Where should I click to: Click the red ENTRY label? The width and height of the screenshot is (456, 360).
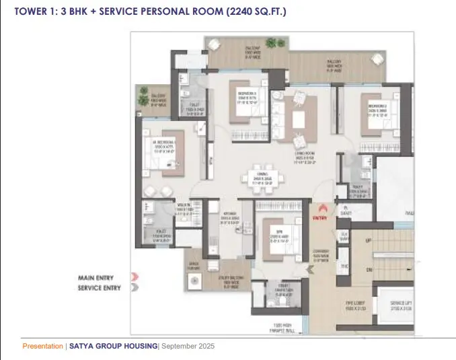pyautogui.click(x=320, y=218)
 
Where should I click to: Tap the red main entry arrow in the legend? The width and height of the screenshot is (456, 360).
pyautogui.click(x=135, y=277)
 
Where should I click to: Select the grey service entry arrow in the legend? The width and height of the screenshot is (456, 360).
pyautogui.click(x=135, y=287)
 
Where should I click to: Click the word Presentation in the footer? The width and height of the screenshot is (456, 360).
pyautogui.click(x=42, y=346)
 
